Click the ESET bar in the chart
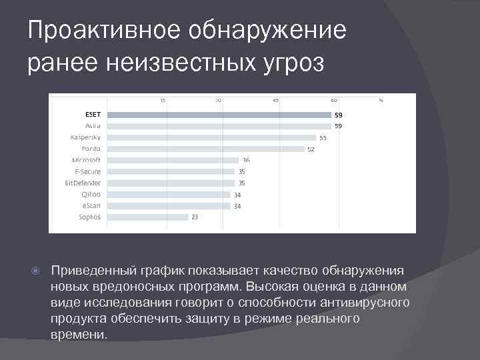point(219,115)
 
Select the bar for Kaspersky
point(211,137)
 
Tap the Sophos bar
point(147,217)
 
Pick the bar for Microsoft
point(172,160)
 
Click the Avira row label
point(93,126)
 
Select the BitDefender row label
point(83,183)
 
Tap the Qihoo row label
point(91,194)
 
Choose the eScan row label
point(92,205)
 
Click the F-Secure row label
point(87,171)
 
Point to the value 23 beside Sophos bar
point(195,217)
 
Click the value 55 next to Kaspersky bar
point(323,138)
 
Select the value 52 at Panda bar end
point(311,149)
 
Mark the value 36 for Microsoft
point(246,160)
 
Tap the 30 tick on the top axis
point(218,101)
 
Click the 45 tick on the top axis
point(276,101)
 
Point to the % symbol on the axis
point(381,101)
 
